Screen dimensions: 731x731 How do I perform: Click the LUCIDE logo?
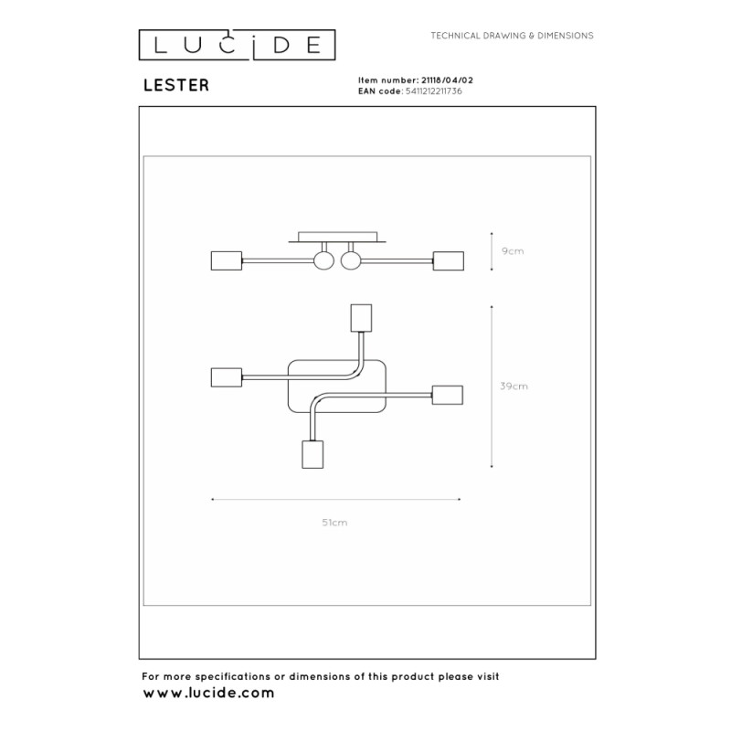[x=237, y=45]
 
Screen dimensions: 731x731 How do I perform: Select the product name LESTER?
[x=176, y=85]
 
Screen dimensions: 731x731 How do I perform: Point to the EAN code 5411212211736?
[x=433, y=91]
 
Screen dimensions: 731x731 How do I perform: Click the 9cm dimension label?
[x=513, y=251]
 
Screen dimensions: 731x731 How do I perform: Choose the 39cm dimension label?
[x=514, y=386]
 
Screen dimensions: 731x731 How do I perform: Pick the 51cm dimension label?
[x=334, y=523]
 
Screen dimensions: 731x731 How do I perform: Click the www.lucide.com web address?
[x=208, y=694]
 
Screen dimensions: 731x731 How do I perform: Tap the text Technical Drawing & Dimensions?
[x=512, y=36]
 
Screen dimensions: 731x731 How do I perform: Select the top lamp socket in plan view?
[x=361, y=318]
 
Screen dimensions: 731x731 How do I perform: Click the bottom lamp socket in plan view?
[x=313, y=454]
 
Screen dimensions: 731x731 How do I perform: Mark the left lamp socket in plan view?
[x=227, y=377]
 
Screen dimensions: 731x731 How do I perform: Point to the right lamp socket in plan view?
[x=448, y=395]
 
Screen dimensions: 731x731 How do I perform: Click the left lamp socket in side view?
[x=227, y=260]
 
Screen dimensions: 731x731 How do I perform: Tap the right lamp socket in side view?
[x=449, y=260]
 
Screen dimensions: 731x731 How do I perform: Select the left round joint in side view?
[x=323, y=260]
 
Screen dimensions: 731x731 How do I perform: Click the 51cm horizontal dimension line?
[x=335, y=499]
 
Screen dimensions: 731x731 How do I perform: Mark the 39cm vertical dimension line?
[x=492, y=387]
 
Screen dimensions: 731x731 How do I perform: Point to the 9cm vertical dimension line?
[x=492, y=250]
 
